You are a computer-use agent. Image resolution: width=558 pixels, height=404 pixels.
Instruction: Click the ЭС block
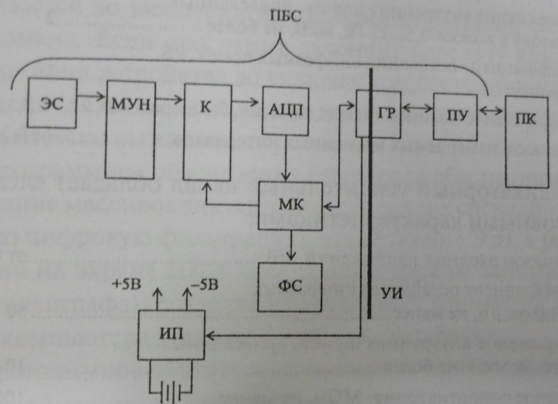tap(52, 103)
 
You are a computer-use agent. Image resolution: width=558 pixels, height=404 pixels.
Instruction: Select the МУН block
tap(130, 130)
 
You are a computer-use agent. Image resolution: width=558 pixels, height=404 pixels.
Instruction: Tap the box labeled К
tap(207, 132)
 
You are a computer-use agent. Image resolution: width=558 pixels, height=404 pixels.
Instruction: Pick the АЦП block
tap(285, 111)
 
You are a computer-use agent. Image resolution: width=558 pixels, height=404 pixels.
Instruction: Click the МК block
tap(290, 206)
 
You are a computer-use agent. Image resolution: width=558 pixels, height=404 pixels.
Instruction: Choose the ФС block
tap(290, 287)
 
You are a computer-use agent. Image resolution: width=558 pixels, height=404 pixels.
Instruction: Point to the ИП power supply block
tap(171, 335)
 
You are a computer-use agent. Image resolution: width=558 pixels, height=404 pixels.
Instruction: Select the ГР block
tap(378, 114)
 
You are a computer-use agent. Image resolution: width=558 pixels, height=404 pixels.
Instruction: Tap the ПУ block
tap(456, 116)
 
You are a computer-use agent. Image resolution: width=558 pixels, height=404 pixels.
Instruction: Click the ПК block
tap(527, 142)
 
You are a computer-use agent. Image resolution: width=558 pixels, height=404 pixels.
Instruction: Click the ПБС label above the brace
tap(286, 17)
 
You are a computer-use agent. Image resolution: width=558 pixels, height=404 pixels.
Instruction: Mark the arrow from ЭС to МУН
tap(91, 96)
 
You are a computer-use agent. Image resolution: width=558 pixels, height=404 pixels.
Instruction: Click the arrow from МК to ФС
tap(291, 246)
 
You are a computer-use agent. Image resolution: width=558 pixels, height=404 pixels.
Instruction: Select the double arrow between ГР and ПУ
tap(417, 107)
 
